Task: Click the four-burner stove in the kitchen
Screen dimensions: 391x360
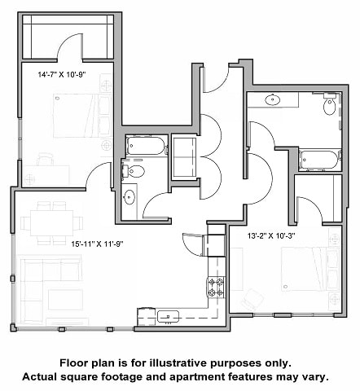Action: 216,287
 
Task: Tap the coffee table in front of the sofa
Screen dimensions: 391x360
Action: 65,298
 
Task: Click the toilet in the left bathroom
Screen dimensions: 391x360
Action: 134,170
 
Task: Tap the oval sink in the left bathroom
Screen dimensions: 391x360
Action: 130,197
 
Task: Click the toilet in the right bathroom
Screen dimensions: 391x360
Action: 329,106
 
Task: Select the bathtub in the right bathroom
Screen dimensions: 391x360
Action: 318,159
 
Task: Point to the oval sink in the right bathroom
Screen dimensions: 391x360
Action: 274,100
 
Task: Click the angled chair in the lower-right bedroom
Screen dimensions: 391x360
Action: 250,298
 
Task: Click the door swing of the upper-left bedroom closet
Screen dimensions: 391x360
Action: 70,51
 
